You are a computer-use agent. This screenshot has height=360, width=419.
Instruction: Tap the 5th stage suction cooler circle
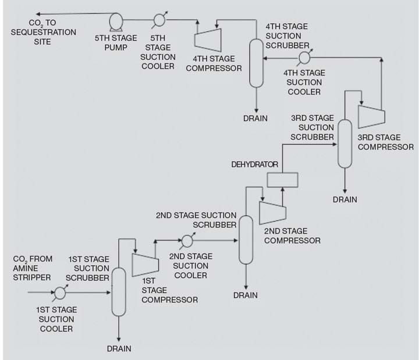pos(159,20)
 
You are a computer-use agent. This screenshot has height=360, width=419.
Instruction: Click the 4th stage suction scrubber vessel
pos(255,63)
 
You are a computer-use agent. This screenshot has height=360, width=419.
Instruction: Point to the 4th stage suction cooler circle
pos(303,58)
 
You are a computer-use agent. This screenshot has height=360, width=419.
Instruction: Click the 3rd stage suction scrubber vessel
pos(346,143)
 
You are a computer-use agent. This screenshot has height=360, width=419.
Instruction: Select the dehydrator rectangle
pos(282,180)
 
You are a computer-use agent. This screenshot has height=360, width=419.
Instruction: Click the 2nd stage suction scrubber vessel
pos(246,238)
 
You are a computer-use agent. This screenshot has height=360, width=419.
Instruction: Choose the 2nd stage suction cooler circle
pos(187,240)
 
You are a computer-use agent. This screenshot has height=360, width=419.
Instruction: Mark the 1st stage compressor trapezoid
pos(145,264)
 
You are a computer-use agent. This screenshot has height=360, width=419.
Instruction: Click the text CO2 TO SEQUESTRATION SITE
pos(43,33)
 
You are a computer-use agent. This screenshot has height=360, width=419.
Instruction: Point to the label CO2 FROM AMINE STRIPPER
pos(33,268)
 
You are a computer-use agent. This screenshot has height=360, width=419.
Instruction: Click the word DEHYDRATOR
pos(255,165)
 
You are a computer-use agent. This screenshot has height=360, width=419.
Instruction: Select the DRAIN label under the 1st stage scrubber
pos(119,349)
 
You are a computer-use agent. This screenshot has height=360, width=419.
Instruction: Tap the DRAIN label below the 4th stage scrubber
pos(255,119)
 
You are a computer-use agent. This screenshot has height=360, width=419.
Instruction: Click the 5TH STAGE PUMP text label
pos(116,42)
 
